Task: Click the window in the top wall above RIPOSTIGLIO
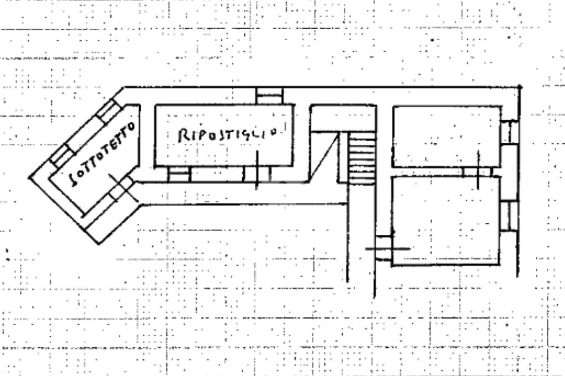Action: coord(269,95)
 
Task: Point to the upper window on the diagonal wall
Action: coord(106,111)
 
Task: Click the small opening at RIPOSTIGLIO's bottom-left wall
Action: coord(179,174)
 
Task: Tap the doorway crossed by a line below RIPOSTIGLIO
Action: coord(257,174)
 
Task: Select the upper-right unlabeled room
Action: coord(446,136)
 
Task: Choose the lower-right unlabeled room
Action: coord(446,221)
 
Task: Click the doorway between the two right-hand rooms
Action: coord(477,172)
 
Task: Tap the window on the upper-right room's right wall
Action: coord(509,132)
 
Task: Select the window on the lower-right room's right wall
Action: coord(509,216)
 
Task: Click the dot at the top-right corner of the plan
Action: coord(520,87)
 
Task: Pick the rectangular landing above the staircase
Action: coord(342,119)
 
